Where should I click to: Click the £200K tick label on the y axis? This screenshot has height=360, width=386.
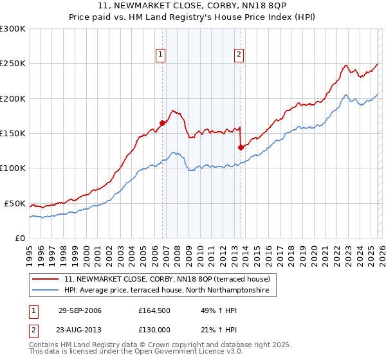point(13,98)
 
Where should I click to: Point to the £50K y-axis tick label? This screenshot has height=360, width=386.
point(15,203)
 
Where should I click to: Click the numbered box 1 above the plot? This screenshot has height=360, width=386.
point(160,55)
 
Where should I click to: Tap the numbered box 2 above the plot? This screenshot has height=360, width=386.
point(239,55)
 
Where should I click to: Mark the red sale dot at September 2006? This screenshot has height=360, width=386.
point(162,123)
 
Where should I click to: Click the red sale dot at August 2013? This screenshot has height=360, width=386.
point(241,147)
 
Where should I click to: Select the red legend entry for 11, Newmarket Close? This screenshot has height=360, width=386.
point(170,279)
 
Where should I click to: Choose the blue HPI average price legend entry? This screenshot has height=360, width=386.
point(170,291)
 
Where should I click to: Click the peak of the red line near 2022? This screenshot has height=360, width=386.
point(345,65)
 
